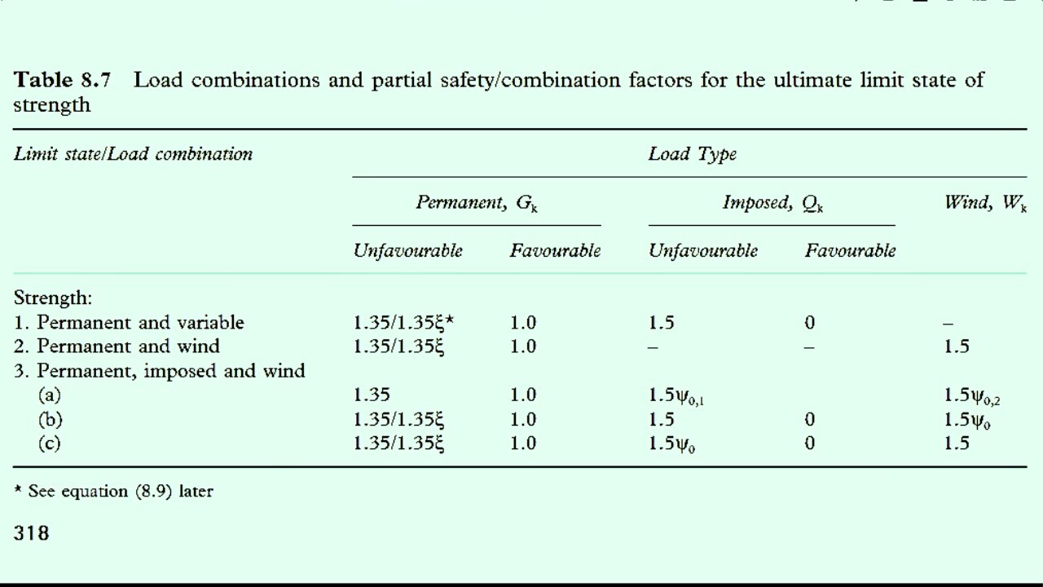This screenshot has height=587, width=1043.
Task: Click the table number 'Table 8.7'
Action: coord(62,80)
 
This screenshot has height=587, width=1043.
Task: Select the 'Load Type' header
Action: coord(693,154)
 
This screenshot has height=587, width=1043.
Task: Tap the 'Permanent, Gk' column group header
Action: coord(477,203)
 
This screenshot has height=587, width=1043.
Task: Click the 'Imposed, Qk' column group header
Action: coord(773,203)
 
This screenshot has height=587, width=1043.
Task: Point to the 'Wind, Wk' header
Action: coord(985,203)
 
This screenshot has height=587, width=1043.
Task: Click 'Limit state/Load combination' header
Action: coord(133,154)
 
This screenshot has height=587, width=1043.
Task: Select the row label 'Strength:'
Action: coord(53,298)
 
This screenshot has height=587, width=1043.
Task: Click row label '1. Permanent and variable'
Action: coord(129,322)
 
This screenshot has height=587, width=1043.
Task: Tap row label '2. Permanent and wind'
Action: coord(117,346)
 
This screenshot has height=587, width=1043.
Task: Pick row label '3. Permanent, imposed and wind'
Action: coord(159,371)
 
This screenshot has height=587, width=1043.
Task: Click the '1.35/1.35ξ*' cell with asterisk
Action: coord(403,322)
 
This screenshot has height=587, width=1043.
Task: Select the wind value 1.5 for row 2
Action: coord(957,346)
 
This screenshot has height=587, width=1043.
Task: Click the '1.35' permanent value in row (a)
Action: coord(371,395)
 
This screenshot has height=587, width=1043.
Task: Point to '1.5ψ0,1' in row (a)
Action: coord(676,395)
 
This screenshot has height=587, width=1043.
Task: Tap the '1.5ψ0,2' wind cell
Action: coord(972,395)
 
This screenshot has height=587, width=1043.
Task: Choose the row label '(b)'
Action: coord(50,419)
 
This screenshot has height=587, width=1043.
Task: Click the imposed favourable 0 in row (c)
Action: coord(810,443)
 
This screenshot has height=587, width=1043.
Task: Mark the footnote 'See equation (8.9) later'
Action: coord(121,491)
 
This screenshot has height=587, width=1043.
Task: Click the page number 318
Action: coord(31,533)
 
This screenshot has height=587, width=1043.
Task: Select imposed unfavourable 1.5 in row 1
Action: coord(661,322)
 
